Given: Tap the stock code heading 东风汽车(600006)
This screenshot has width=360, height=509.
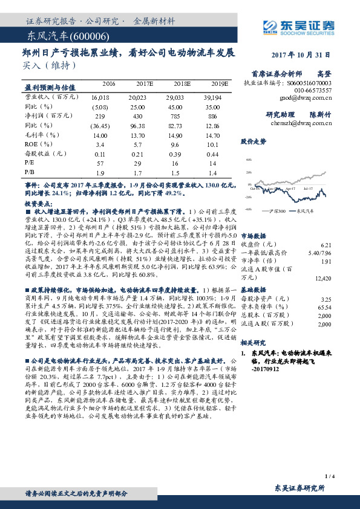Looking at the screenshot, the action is pos(59,37).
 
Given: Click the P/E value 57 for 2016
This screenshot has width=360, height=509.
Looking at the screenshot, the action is pos(100,163).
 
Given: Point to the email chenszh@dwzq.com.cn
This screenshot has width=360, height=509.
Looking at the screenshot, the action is pos(303,123).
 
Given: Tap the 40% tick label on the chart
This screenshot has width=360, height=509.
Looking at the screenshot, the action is pos(247,161).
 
